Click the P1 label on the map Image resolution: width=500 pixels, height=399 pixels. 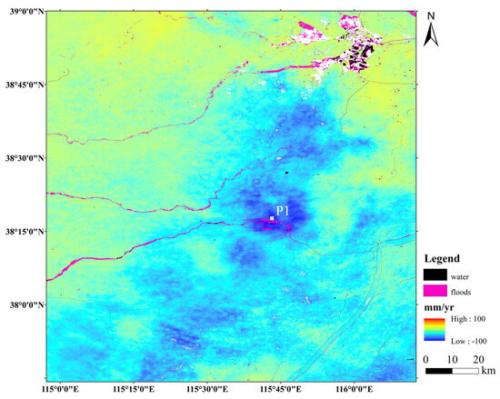(282, 212)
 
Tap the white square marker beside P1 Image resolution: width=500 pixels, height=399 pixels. (271, 218)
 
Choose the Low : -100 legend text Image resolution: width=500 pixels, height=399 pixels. (468, 335)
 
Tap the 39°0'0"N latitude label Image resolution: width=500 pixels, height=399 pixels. (24, 11)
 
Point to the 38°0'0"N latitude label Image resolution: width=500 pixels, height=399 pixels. (24, 305)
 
